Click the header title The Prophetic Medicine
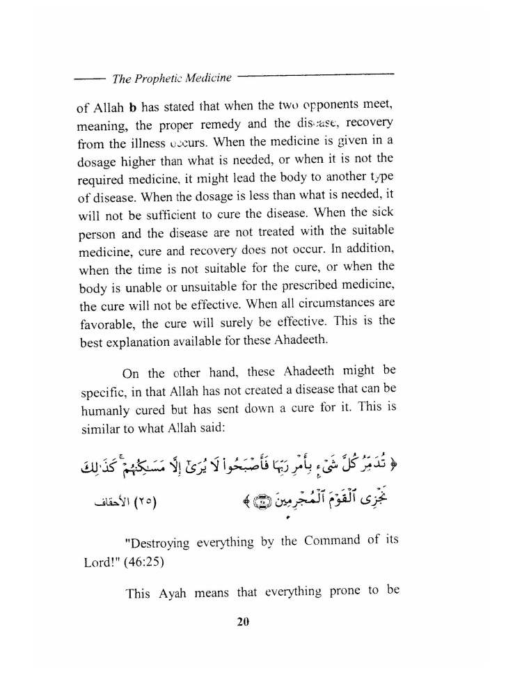tap(172, 79)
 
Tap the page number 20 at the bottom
tap(242, 621)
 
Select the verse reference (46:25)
tap(138, 561)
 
